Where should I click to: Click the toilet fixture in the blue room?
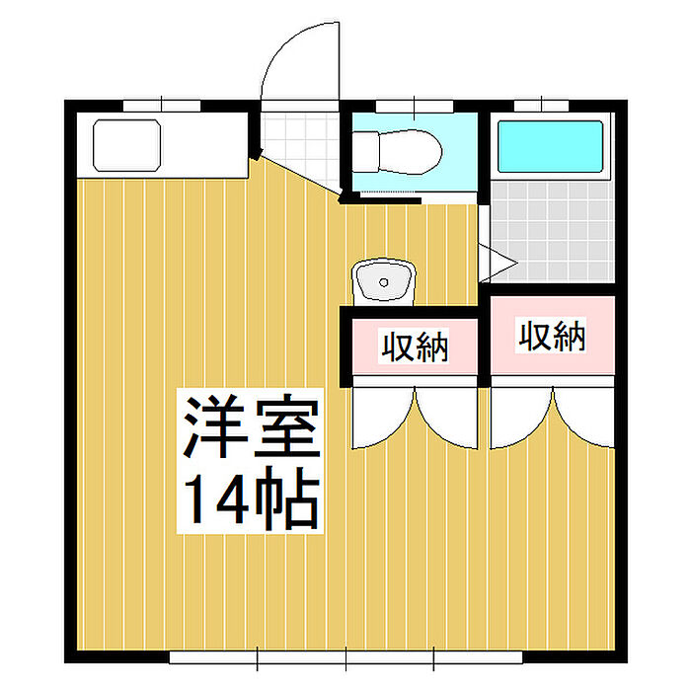397,152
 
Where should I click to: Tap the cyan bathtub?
551,146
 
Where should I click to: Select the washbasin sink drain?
383,282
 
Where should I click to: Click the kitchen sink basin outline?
127,145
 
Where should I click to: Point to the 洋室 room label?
252,425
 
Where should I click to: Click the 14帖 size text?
251,498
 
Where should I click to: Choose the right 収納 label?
552,337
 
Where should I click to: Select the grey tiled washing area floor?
552,232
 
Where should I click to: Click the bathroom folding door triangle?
498,264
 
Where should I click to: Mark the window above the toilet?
415,107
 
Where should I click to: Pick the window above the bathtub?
541,107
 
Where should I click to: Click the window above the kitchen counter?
161,107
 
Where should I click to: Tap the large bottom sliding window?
345,657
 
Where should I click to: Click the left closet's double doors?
415,418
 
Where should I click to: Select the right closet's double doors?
553,418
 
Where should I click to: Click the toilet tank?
365,152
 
